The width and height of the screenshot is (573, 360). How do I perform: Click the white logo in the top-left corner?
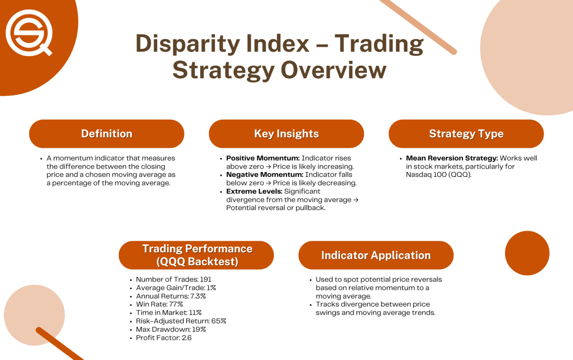click(28, 33)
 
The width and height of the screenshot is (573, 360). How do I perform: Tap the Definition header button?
click(107, 134)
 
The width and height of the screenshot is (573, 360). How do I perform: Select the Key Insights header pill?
click(286, 134)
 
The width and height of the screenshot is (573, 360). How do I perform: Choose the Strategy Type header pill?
click(466, 134)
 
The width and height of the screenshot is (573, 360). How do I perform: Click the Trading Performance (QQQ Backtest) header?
click(197, 255)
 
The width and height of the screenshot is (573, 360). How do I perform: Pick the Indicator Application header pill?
click(376, 255)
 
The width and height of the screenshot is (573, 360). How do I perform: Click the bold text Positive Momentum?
click(263, 158)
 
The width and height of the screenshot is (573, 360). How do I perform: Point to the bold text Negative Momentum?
click(264, 175)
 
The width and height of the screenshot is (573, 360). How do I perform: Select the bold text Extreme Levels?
click(254, 191)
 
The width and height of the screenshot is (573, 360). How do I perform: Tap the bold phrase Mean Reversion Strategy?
click(452, 158)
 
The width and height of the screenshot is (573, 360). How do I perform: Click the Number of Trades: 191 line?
click(173, 279)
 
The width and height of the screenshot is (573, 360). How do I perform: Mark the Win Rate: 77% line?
click(159, 304)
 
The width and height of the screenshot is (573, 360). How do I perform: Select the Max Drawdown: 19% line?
click(171, 329)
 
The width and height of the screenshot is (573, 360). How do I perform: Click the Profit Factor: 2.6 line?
click(164, 338)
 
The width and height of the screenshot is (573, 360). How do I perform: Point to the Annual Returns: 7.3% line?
click(171, 296)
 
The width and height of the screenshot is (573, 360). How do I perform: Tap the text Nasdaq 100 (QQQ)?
click(438, 175)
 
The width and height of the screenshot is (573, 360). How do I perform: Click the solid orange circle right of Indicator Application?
click(527, 253)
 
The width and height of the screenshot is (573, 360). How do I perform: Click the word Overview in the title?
click(333, 70)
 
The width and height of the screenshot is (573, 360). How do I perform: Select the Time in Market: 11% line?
click(169, 313)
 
